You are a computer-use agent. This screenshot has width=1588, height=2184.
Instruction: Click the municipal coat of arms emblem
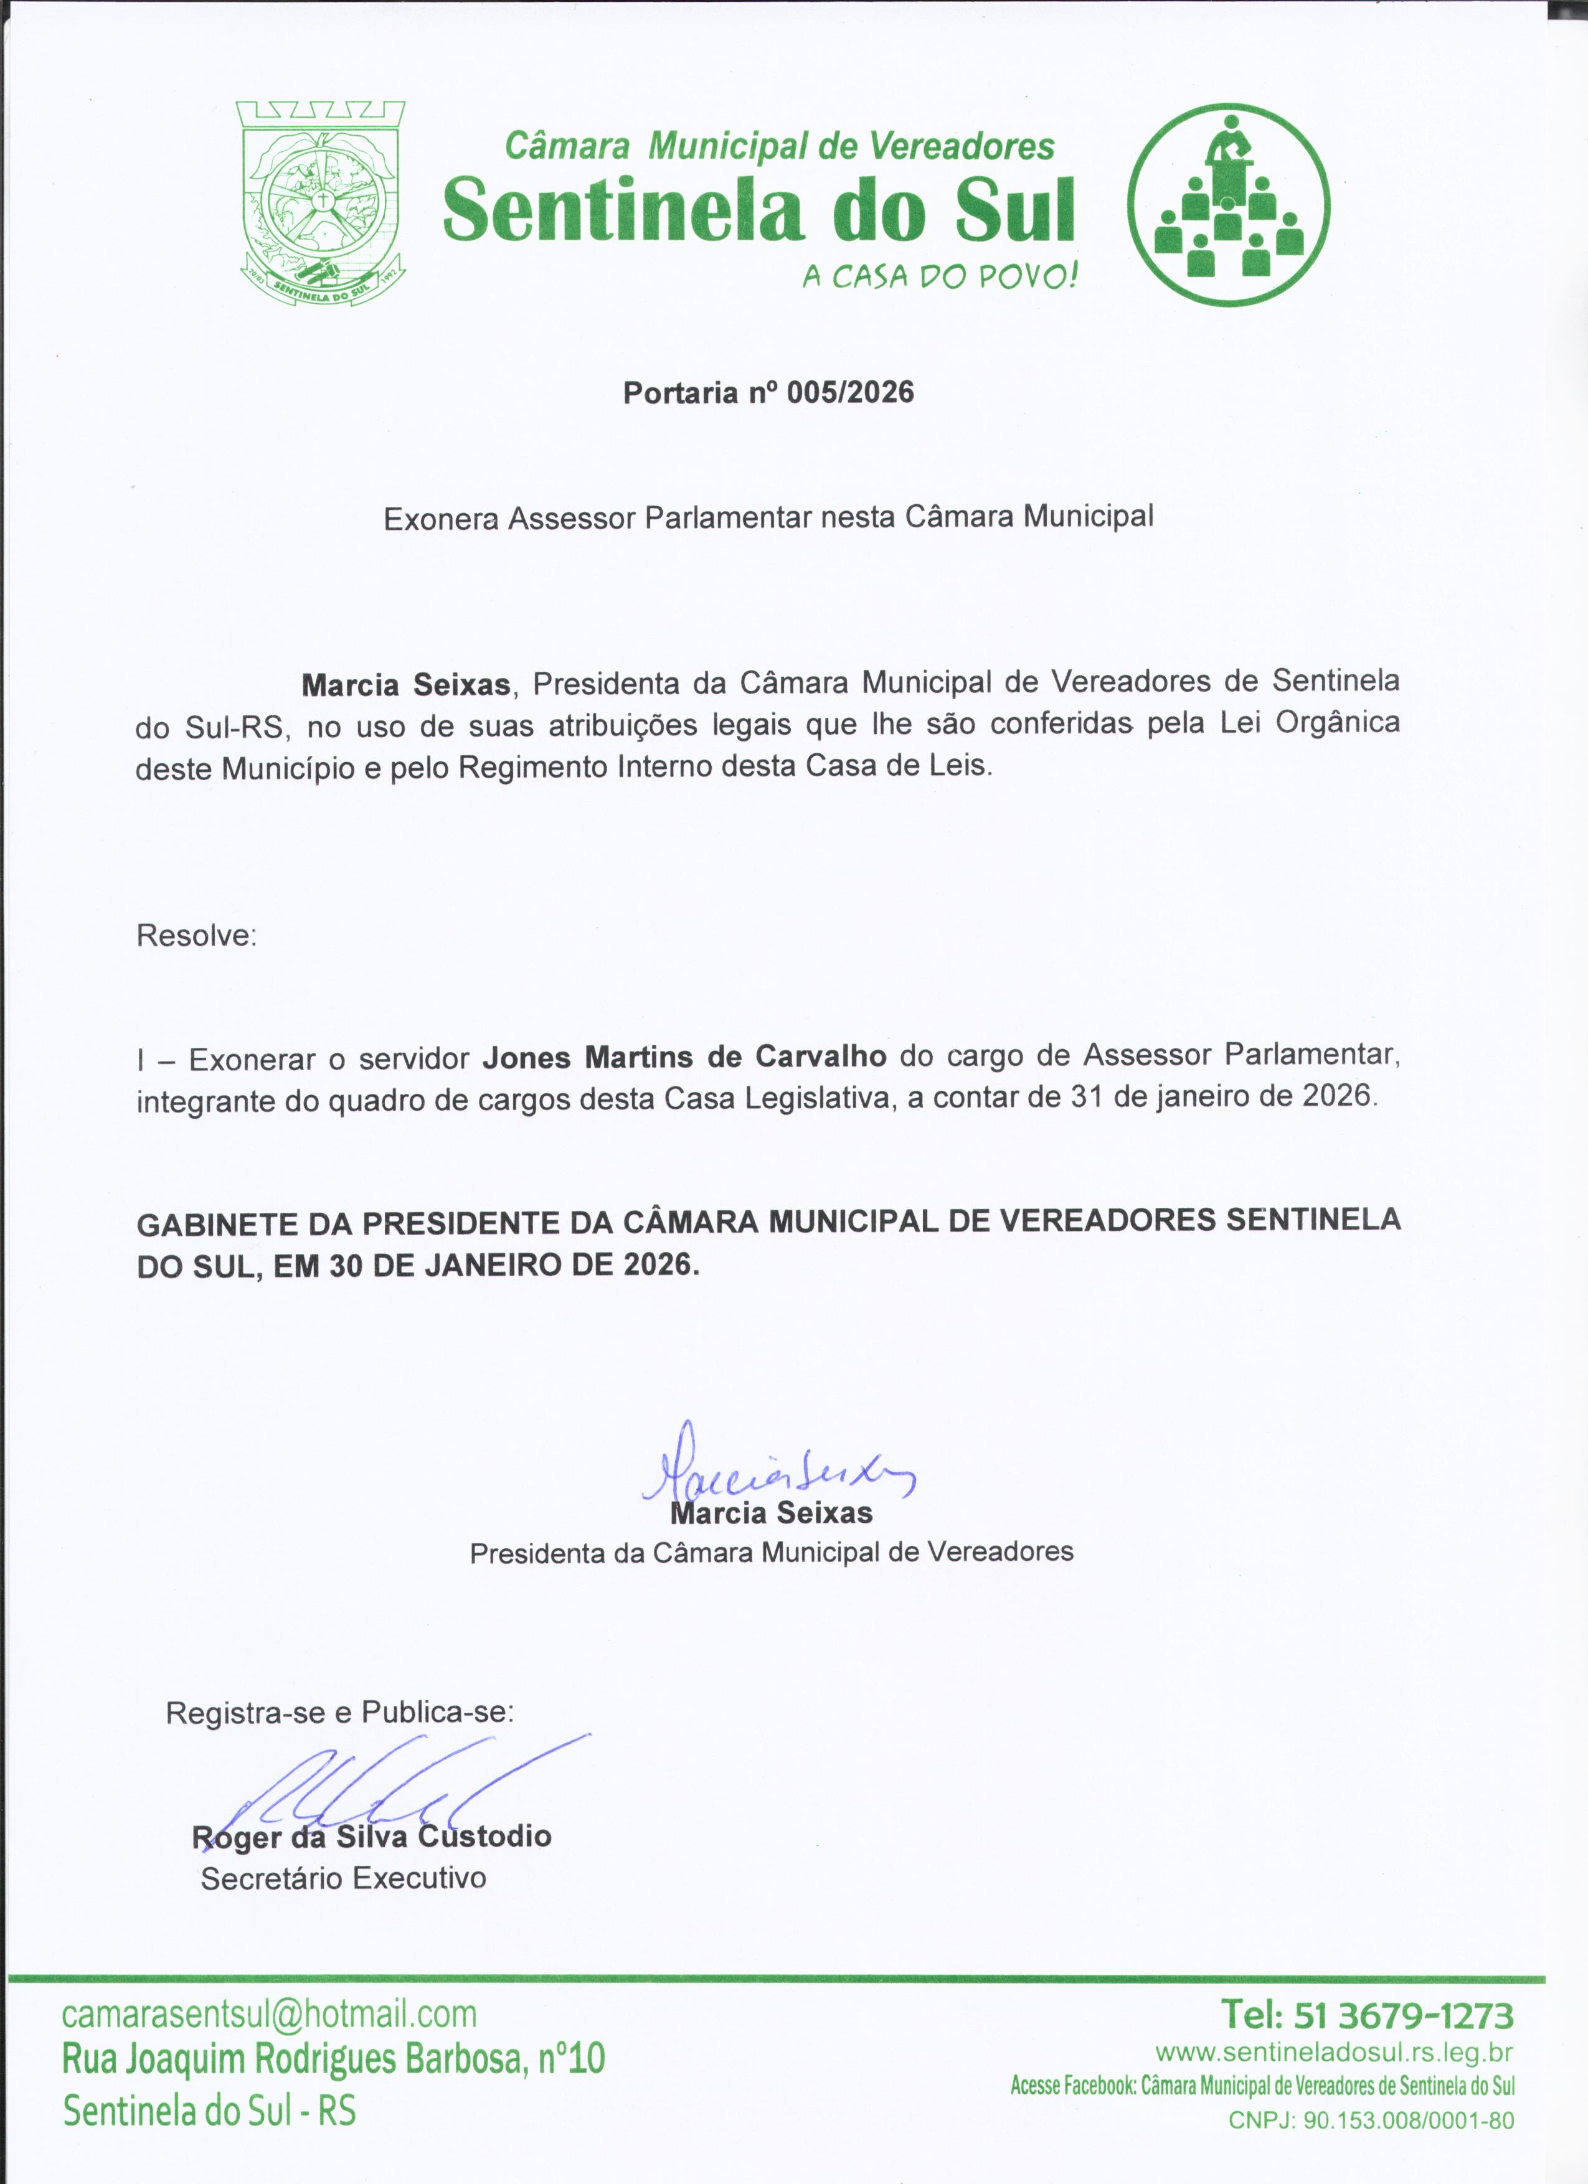point(321,204)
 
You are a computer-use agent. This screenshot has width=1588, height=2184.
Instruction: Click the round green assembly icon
point(1228,205)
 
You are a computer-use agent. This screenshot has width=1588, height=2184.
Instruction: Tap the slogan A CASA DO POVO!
point(940,277)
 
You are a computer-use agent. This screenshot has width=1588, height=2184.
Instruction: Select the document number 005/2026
point(850,393)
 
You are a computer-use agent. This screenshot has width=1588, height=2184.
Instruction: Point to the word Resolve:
point(196,935)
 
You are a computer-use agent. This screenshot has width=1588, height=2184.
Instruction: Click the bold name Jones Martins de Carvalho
point(684,1057)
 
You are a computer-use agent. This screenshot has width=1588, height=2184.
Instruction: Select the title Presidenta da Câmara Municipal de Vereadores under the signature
point(772,1552)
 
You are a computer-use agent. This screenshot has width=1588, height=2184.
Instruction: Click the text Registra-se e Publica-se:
point(340,1712)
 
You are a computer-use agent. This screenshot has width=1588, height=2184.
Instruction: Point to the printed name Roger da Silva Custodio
point(372,1837)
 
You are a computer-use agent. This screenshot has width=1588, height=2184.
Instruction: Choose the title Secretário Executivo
point(343,1878)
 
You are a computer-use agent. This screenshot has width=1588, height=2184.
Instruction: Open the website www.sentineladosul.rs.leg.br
point(1334,2054)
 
